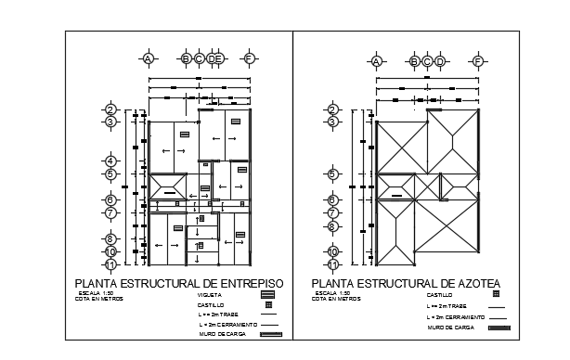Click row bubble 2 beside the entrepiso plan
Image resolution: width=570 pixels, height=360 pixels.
pos(110,109)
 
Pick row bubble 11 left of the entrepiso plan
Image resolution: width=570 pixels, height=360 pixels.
pos(110,264)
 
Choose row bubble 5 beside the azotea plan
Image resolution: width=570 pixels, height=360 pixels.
pos(331,173)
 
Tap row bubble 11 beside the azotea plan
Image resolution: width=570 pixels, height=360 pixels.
pos(331,264)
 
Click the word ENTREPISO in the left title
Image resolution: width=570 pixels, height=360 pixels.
pos(247,283)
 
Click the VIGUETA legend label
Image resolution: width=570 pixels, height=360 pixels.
pos(210,294)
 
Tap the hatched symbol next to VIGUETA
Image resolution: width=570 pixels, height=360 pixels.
pos(268,294)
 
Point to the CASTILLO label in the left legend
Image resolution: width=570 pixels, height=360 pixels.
pos(211,304)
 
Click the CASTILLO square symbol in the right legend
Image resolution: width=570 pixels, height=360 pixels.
pos(497,294)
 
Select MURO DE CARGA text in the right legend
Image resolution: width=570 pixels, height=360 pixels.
pos(451,328)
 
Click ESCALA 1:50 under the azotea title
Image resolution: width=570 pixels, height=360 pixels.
pos(330,293)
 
